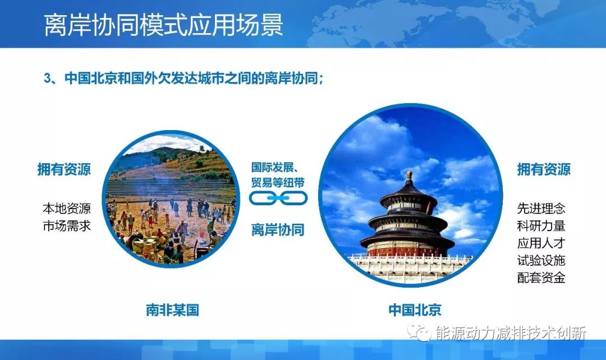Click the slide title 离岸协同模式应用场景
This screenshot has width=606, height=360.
163,25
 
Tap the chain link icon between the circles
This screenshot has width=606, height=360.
278,197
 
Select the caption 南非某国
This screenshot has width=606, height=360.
172,310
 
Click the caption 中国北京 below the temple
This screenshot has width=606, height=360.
415,310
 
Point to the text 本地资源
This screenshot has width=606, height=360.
67,209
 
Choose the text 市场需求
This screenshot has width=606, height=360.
67,226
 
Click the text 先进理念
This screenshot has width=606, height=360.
541,209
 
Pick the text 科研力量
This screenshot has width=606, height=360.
541,226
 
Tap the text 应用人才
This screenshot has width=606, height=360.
541,243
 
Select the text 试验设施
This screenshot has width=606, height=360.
541,260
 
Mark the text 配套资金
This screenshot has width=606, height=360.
541,277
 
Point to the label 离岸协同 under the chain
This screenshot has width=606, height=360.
278,229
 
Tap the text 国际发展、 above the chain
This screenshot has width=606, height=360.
278,167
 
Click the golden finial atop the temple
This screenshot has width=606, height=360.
409,175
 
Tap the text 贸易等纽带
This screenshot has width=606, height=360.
278,181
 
